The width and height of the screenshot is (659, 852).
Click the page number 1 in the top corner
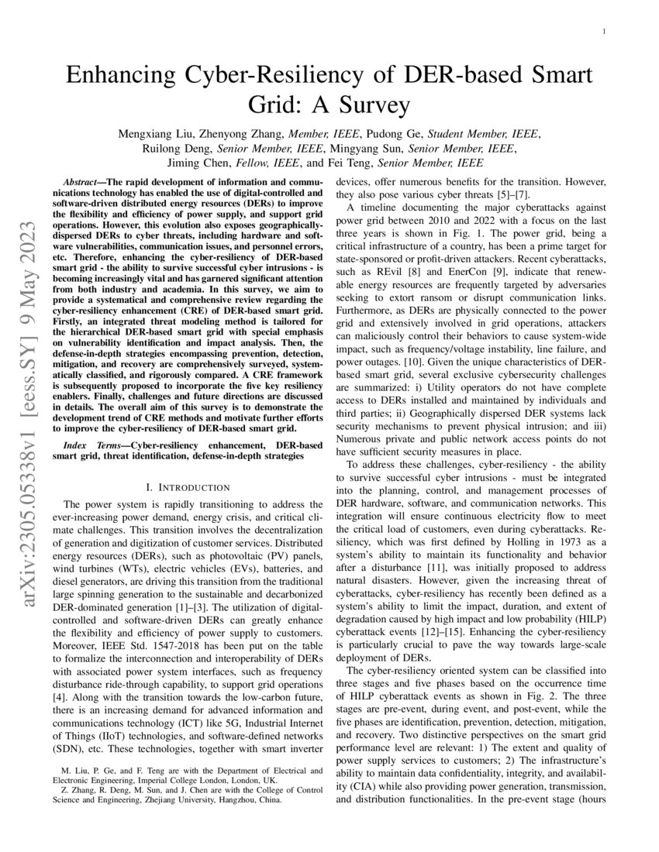pyautogui.click(x=603, y=32)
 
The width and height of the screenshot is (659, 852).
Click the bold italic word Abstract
pyautogui.click(x=85, y=180)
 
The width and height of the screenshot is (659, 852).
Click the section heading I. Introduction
pyautogui.click(x=188, y=487)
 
